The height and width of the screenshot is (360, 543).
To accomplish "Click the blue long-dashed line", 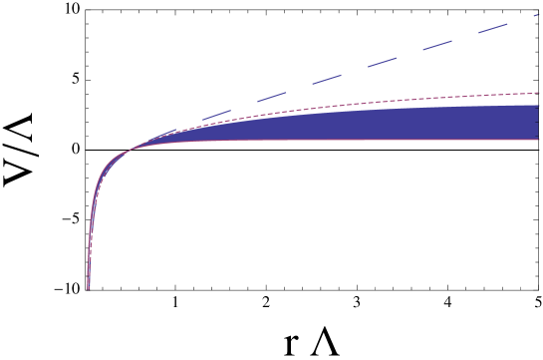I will (399, 57).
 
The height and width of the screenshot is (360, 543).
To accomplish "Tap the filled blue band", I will (399, 125).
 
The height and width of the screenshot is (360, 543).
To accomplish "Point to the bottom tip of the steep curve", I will (88, 289).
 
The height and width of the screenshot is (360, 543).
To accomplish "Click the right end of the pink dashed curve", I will (539, 93).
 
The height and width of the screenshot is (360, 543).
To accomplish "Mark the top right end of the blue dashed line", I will (539, 15).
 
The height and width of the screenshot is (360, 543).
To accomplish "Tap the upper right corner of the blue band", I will (538, 106).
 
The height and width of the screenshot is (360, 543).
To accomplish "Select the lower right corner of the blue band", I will (538, 139).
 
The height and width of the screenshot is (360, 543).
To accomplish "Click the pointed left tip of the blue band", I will (135, 148).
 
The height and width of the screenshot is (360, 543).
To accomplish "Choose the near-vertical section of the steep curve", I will (90, 239).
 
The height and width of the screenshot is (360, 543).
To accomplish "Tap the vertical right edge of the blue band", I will (538, 122).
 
